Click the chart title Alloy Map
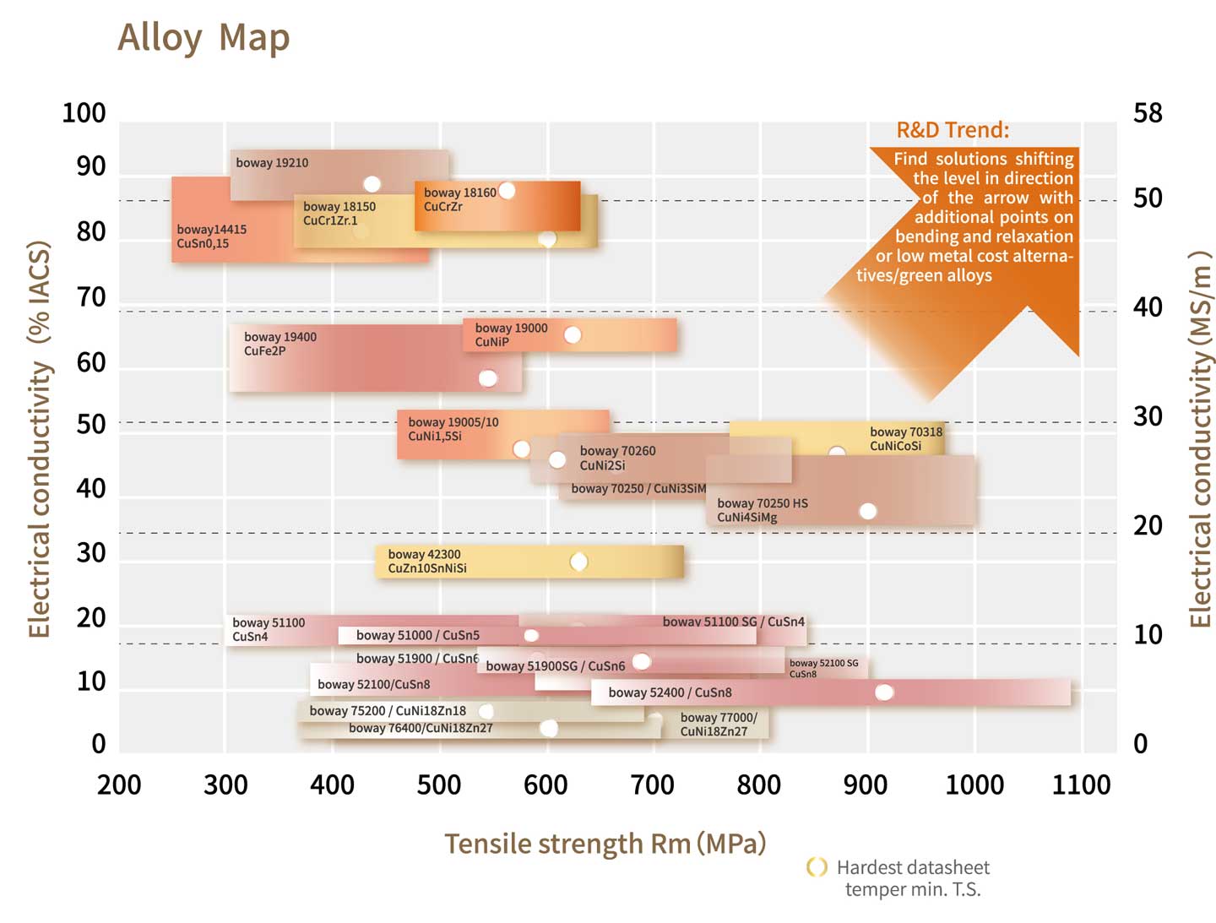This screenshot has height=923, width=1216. (x=204, y=38)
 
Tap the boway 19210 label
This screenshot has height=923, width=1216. (x=272, y=163)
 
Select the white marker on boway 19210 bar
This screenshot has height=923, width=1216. (x=372, y=184)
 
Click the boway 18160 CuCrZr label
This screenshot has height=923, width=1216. (x=459, y=199)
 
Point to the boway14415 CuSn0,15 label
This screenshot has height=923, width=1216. (x=211, y=236)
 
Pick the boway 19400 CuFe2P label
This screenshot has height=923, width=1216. (x=280, y=344)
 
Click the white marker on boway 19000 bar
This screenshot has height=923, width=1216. (x=573, y=335)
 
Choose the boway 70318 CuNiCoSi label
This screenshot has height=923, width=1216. (x=906, y=439)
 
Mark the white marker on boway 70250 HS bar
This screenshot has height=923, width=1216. (x=867, y=511)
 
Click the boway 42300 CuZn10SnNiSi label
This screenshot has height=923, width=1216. (x=427, y=562)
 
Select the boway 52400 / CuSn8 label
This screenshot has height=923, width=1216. (x=670, y=692)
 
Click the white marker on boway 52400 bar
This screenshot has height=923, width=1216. (x=884, y=692)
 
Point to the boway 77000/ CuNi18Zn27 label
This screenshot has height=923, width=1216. (x=719, y=725)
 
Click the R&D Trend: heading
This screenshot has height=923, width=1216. (x=953, y=130)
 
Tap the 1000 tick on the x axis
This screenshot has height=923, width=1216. (x=974, y=785)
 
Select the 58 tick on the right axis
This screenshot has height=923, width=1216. (x=1148, y=113)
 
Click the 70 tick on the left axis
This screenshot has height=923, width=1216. (x=91, y=298)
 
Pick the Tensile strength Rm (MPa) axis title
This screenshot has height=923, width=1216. (x=605, y=844)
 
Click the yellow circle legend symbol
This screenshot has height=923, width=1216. (x=817, y=867)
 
